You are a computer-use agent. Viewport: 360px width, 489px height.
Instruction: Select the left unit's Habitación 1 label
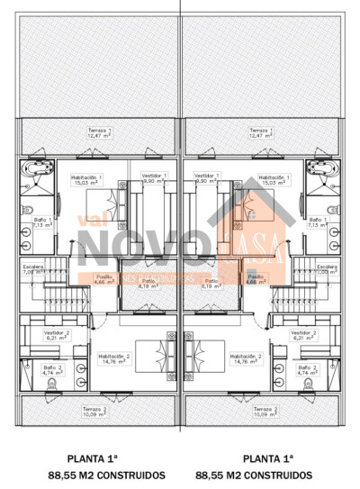click(x=87, y=180)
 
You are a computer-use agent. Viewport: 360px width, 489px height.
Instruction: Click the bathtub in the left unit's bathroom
click(x=41, y=171)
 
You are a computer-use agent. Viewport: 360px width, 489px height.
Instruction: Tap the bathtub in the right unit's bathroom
click(x=319, y=171)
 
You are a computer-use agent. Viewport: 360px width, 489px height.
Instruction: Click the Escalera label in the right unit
click(x=326, y=268)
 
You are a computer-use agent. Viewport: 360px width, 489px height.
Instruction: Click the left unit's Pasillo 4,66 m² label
click(x=104, y=279)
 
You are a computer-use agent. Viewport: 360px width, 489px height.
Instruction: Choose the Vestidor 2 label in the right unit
click(x=304, y=334)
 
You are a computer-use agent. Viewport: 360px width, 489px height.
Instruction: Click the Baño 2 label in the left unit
click(x=52, y=369)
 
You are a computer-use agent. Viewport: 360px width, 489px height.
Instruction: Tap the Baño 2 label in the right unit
click(x=308, y=369)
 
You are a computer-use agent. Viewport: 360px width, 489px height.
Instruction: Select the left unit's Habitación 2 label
click(x=114, y=358)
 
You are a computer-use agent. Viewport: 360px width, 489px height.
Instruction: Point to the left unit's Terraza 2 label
click(x=94, y=412)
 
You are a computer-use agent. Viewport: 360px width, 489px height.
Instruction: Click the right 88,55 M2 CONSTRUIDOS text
click(x=255, y=474)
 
